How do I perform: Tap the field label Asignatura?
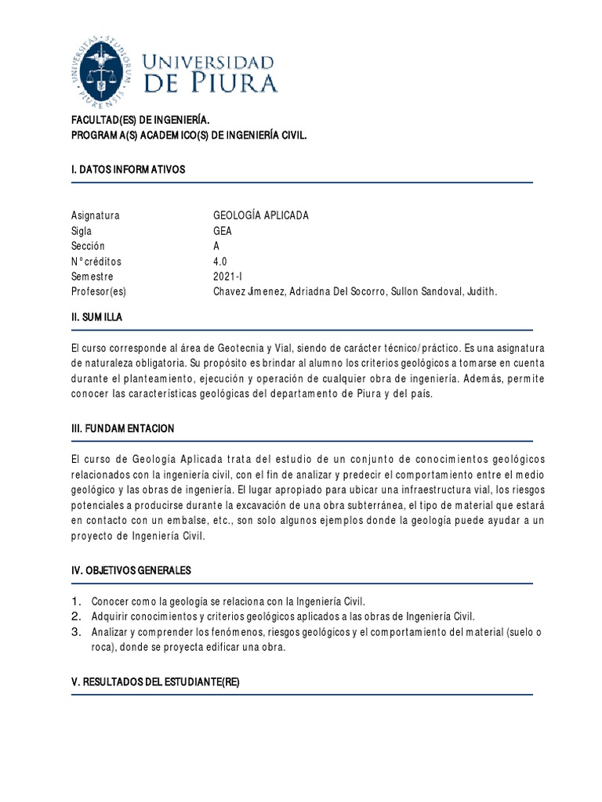pyautogui.click(x=95, y=216)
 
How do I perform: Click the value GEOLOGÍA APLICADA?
pyautogui.click(x=261, y=216)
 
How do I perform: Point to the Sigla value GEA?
pyautogui.click(x=223, y=231)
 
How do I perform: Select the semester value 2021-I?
pyautogui.click(x=228, y=276)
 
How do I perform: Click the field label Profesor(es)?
pyautogui.click(x=98, y=291)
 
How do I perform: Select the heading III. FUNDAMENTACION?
pyautogui.click(x=122, y=428)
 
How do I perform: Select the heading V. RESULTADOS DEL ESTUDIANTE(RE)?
pyautogui.click(x=154, y=682)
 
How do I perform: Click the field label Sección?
pyautogui.click(x=89, y=246)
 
